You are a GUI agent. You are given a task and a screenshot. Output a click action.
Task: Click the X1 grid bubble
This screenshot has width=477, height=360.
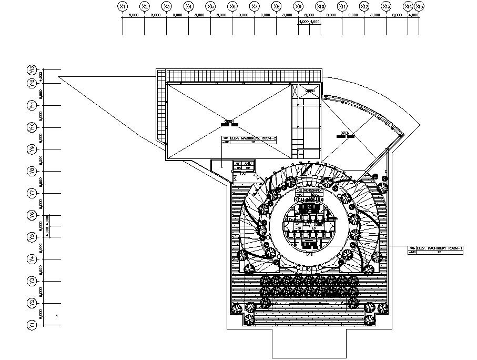coord(123,6)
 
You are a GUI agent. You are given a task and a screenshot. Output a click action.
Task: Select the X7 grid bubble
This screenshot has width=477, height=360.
coord(255,6)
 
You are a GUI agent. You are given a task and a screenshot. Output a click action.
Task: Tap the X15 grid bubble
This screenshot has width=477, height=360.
coord(419,6)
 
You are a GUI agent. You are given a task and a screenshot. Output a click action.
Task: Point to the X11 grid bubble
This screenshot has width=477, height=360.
coord(342,6)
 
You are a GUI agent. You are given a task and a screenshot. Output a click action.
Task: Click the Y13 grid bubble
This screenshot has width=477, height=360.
coord(33,69)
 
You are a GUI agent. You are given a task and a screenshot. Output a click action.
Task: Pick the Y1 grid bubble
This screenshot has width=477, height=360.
coord(33,325)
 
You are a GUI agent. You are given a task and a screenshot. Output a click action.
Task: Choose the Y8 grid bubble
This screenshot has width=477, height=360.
coord(33,171)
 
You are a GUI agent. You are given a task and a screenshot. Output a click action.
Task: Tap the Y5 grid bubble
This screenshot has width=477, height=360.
coord(33,237)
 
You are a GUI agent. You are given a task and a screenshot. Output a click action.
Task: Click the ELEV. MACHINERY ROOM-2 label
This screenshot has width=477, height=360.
coord(252,137)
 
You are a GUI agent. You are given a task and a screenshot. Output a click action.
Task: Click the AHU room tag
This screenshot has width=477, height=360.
coord(243,164)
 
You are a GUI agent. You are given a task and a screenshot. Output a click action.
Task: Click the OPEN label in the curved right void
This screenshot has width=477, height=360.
coord(345,133)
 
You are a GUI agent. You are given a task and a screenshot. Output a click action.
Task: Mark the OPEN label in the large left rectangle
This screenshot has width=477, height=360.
coord(229,122)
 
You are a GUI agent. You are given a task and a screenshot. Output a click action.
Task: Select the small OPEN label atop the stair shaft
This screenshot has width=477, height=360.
coord(310,91)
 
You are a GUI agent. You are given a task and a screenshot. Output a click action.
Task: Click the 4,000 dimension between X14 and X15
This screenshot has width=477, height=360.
coord(413,16)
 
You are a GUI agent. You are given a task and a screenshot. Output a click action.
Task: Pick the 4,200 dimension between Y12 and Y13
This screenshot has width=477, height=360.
coord(41,76)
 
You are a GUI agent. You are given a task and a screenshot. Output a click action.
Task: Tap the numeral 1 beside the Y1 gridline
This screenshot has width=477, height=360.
coord(57,316)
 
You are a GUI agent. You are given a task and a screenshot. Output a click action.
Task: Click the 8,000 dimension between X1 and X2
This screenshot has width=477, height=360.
coord(134,16)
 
